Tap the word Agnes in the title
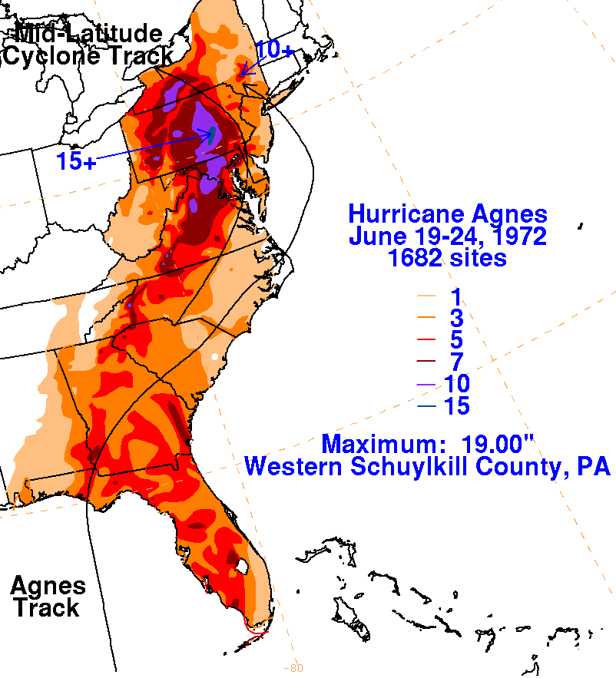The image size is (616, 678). tap(511, 214)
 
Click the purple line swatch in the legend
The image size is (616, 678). tap(428, 384)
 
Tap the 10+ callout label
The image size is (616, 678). tap(274, 50)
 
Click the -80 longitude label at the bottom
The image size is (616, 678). tap(292, 667)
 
